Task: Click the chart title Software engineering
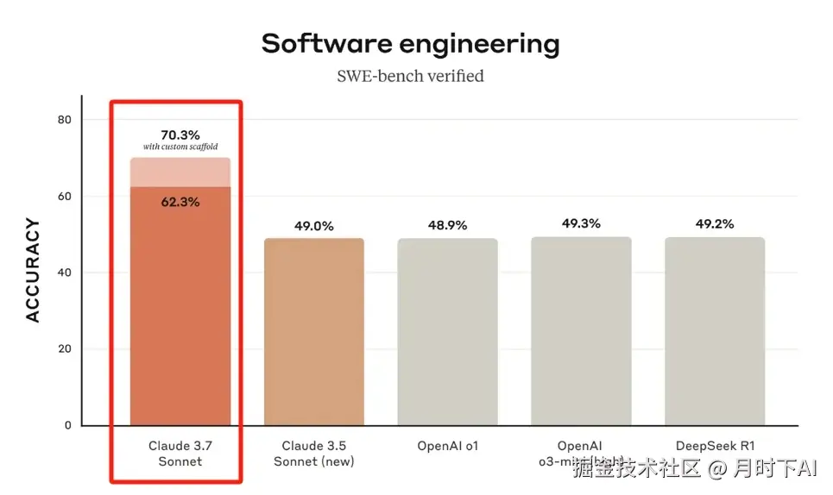pyautogui.click(x=410, y=43)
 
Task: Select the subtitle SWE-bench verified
pyautogui.click(x=410, y=76)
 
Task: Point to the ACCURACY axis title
pyautogui.click(x=33, y=271)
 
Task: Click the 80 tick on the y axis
pyautogui.click(x=64, y=119)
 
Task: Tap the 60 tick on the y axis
pyautogui.click(x=64, y=196)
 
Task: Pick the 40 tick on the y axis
pyautogui.click(x=64, y=273)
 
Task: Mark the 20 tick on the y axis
pyautogui.click(x=64, y=349)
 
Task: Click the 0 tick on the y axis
pyautogui.click(x=67, y=425)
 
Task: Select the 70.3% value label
pyautogui.click(x=180, y=135)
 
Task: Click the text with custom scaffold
pyautogui.click(x=180, y=147)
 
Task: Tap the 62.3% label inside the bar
pyautogui.click(x=180, y=202)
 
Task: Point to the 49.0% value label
pyautogui.click(x=314, y=226)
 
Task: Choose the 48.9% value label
pyautogui.click(x=447, y=225)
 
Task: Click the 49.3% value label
pyautogui.click(x=581, y=223)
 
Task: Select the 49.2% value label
pyautogui.click(x=715, y=223)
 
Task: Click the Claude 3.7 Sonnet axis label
pyautogui.click(x=180, y=454)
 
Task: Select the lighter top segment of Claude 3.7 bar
pyautogui.click(x=180, y=172)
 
